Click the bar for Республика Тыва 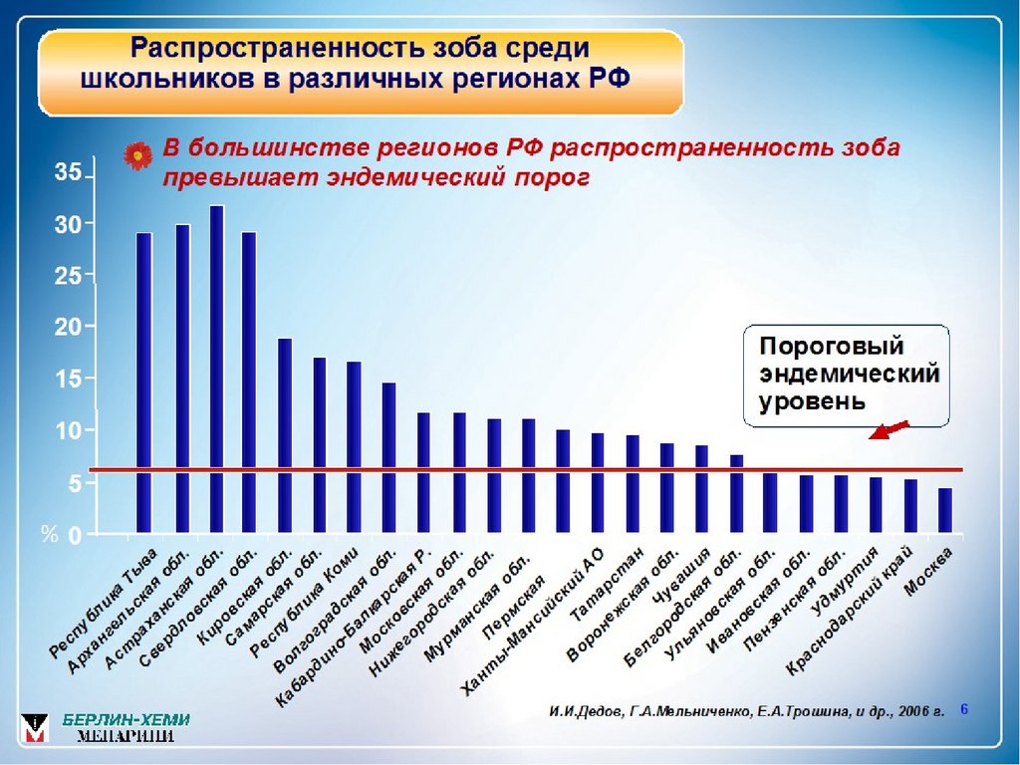pos(144,383)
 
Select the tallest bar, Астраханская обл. pos(216,370)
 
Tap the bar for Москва pos(945,511)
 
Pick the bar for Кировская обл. pos(285,436)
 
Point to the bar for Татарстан pos(633,484)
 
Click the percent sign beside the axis pos(50,535)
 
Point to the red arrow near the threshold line pos(890,429)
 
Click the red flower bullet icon pos(135,155)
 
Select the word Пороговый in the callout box pos(832,348)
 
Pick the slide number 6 pos(964,708)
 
